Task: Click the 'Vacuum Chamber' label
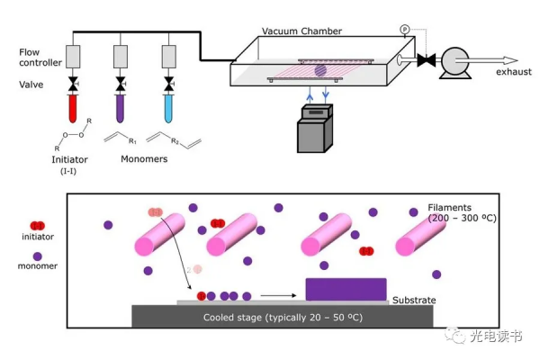301,31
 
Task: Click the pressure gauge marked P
404,30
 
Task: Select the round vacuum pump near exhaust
454,60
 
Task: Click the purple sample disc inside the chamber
320,68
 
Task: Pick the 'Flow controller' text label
41,58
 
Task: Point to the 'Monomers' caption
144,159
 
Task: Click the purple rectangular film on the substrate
346,289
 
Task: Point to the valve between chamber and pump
427,60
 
